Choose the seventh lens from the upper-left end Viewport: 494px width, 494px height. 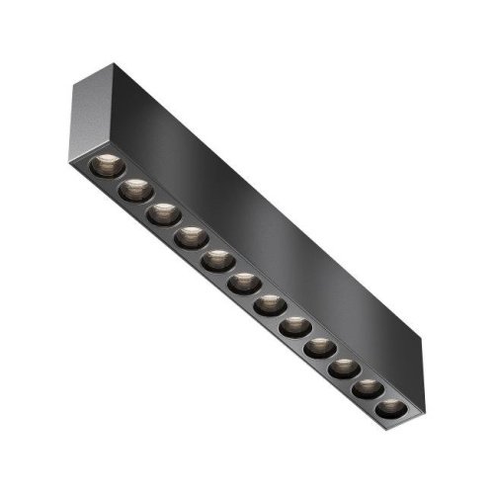[270, 306]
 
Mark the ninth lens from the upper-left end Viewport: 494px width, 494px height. [319, 349]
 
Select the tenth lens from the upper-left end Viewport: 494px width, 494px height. [343, 370]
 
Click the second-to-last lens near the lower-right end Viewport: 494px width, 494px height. [367, 389]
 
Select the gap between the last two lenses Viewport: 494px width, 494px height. [378, 399]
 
